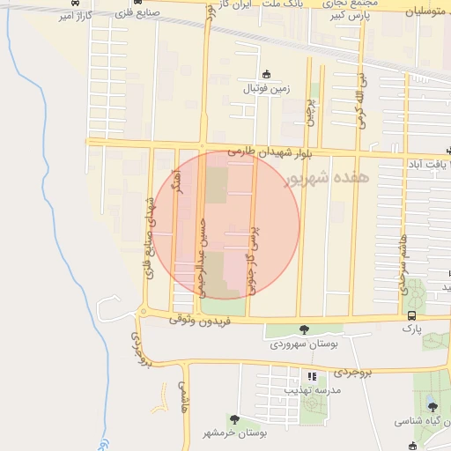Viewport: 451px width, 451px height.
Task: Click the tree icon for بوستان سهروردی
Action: pos(304,329)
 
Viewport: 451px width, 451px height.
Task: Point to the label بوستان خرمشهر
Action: pos(234,433)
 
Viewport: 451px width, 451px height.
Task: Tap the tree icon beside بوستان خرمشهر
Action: pos(234,419)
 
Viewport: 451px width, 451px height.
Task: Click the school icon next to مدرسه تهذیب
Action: pos(312,376)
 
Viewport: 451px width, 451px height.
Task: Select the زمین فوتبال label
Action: pos(267,88)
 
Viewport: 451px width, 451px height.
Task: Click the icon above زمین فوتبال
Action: pos(267,75)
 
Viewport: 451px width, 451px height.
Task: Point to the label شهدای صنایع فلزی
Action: pos(149,237)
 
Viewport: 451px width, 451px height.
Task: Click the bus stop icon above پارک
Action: pos(411,315)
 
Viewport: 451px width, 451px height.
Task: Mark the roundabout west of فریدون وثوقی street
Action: pos(143,311)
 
